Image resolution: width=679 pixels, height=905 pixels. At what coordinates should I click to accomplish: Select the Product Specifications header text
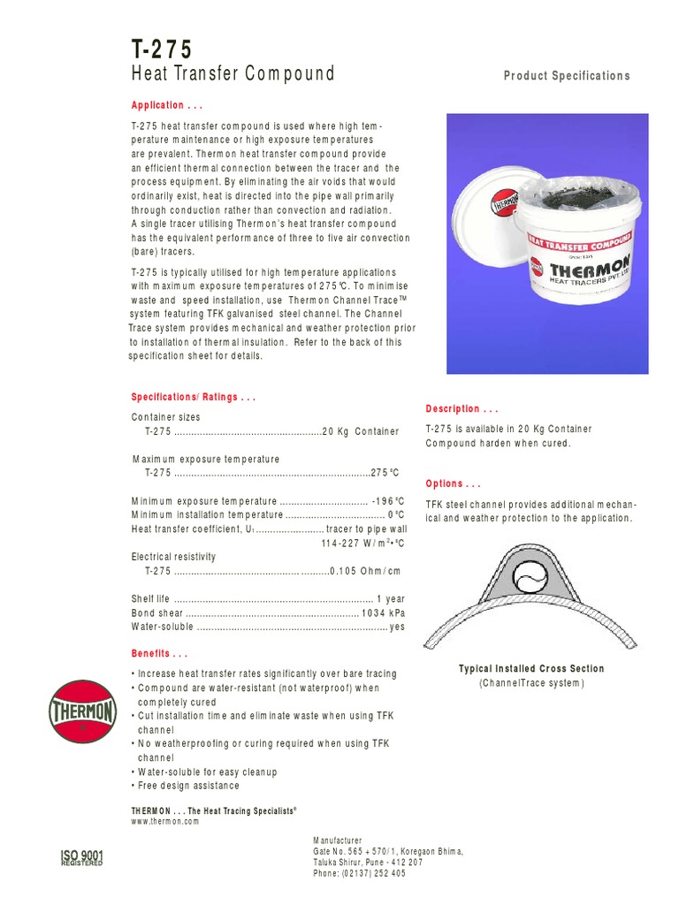(x=567, y=76)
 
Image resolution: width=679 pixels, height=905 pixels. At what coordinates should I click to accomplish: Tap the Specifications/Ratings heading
(x=194, y=398)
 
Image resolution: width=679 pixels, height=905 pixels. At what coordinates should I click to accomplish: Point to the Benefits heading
(x=159, y=655)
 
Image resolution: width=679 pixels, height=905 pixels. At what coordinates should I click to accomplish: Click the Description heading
(x=462, y=409)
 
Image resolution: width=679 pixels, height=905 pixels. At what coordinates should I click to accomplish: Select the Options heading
(x=453, y=484)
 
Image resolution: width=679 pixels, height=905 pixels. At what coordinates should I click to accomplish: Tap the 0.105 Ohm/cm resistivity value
(x=365, y=571)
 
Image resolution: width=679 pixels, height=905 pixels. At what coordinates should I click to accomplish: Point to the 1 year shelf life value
(x=390, y=599)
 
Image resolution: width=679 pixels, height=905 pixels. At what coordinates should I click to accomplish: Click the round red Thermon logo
(x=81, y=711)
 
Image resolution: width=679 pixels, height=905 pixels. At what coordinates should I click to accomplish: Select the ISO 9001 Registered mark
(x=81, y=857)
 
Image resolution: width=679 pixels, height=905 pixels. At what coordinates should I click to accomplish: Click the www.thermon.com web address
(x=165, y=821)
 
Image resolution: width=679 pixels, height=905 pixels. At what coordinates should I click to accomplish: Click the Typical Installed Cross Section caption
(x=531, y=669)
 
